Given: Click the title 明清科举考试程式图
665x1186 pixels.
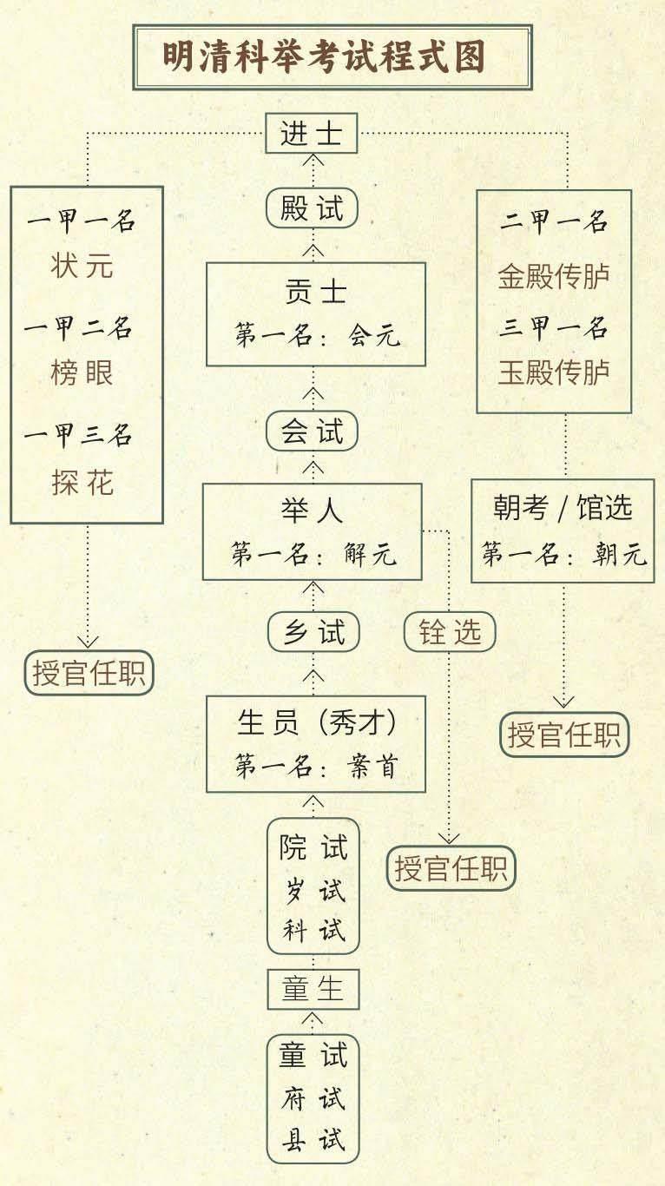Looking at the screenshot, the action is click(x=324, y=57).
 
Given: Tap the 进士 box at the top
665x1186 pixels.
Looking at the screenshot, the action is click(x=312, y=134).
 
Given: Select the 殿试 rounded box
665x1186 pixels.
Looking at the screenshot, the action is click(x=312, y=208).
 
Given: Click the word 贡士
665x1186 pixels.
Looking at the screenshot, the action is click(x=315, y=292).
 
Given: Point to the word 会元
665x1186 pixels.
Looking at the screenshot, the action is click(x=374, y=335).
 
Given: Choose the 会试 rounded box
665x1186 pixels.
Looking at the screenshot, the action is click(x=312, y=431).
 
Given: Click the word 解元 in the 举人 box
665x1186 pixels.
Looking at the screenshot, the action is click(x=370, y=554).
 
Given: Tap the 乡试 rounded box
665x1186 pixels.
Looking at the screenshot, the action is click(x=314, y=632).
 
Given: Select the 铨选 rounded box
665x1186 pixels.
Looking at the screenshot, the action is click(x=450, y=632).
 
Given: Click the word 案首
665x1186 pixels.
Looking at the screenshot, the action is click(x=372, y=766).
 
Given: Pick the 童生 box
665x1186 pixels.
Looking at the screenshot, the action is click(x=313, y=990).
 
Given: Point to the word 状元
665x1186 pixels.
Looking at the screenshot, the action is click(x=82, y=266).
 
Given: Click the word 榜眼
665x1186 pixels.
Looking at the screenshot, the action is click(x=82, y=372).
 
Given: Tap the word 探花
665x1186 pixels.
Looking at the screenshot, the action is click(x=82, y=483).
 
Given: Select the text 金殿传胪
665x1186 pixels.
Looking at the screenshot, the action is click(x=554, y=276).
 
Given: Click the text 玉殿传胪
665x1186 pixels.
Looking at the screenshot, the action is click(x=554, y=372).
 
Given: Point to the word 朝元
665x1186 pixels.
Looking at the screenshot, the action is click(x=620, y=554).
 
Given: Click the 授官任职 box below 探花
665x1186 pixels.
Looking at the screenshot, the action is click(x=89, y=673).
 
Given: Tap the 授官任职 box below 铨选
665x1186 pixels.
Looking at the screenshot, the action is click(x=451, y=868).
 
